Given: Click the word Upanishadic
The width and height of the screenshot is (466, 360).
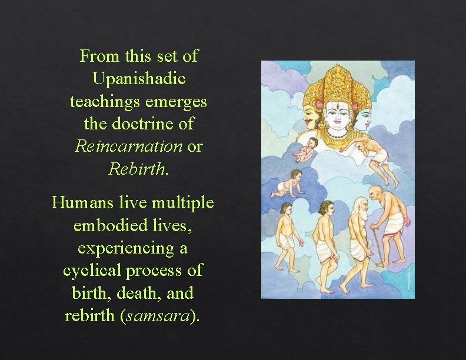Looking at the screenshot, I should coord(139,79).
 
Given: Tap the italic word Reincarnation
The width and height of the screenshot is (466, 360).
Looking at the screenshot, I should coord(129,146).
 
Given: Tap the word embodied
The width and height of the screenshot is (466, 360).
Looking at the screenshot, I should coord(105,225).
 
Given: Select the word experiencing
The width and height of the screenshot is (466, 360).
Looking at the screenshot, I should coord(132,248).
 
